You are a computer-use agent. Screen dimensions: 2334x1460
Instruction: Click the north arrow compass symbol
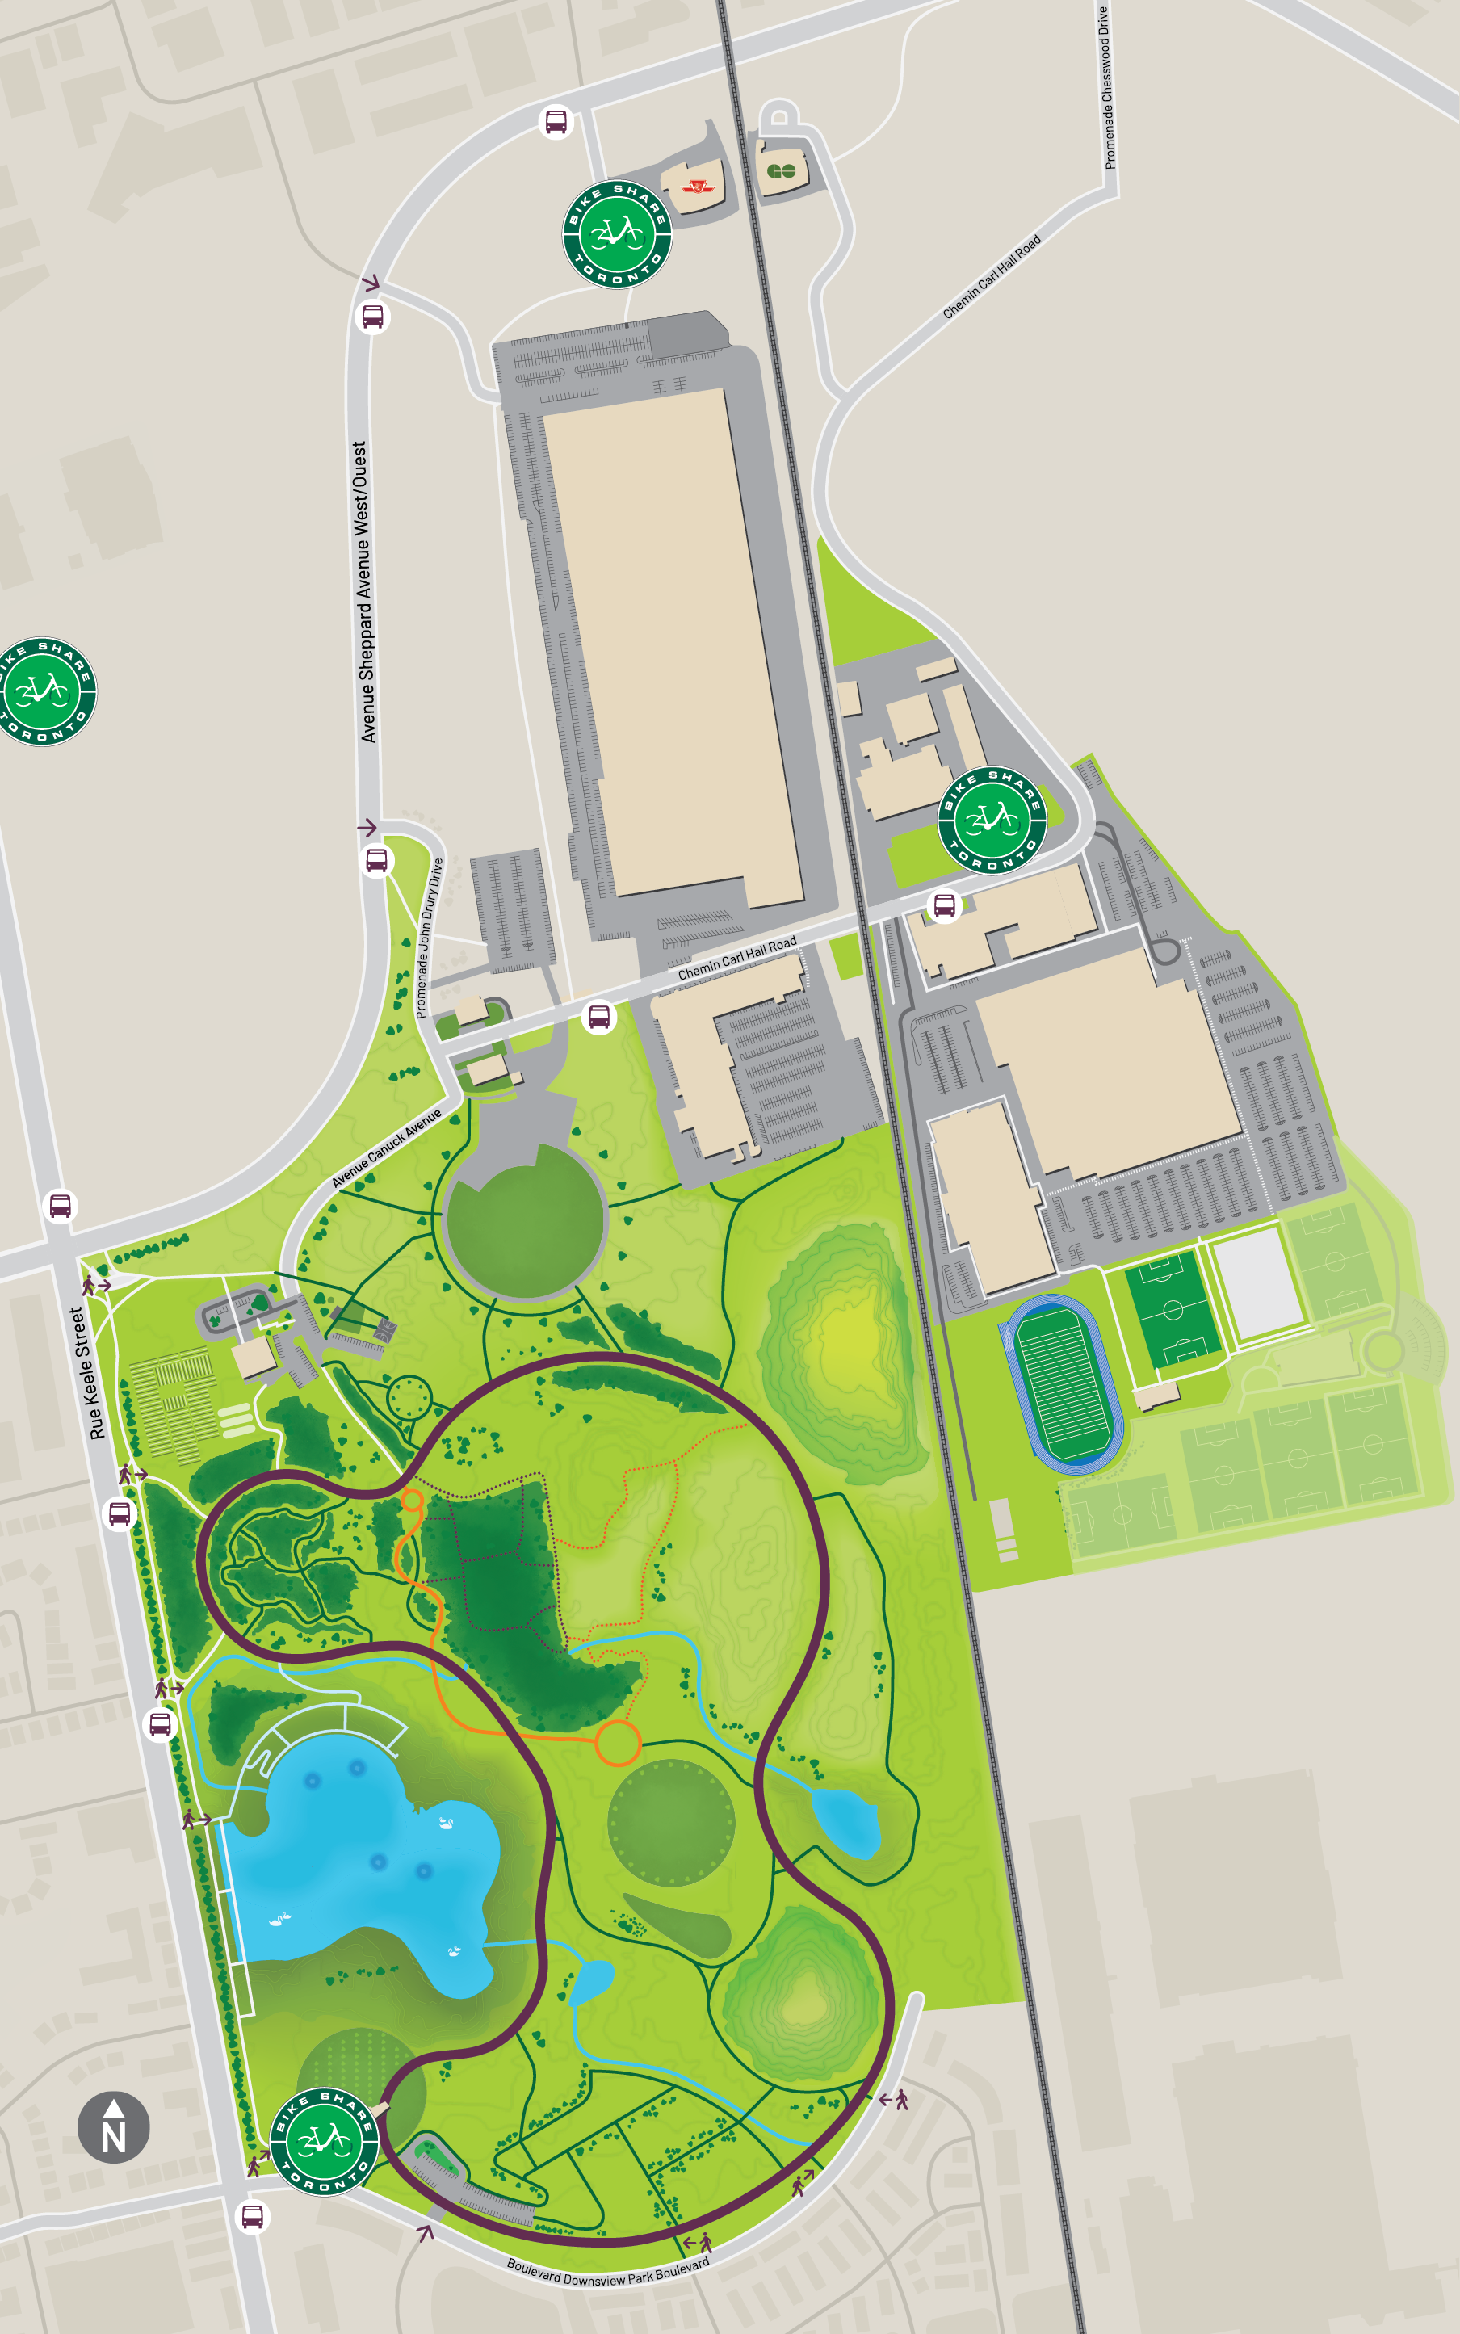(x=113, y=2126)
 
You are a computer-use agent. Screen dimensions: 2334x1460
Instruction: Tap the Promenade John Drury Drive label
(x=429, y=938)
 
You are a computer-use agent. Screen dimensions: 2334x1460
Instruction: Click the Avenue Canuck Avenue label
(x=386, y=1148)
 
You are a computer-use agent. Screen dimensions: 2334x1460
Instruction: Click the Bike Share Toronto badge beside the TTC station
(x=617, y=233)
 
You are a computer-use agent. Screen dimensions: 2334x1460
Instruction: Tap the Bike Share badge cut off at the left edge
(x=44, y=691)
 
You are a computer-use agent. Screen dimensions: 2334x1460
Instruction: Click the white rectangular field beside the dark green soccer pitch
(x=1257, y=1285)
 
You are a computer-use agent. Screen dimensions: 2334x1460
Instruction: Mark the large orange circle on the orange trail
(x=617, y=1743)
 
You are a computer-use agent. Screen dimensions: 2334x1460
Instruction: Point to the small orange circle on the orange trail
(x=411, y=1500)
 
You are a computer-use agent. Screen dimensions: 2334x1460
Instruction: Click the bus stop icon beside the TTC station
(x=556, y=122)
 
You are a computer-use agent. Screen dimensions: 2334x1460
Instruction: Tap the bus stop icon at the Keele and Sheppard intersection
(x=60, y=1205)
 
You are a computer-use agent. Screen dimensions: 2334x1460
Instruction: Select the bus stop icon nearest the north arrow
(x=252, y=2216)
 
